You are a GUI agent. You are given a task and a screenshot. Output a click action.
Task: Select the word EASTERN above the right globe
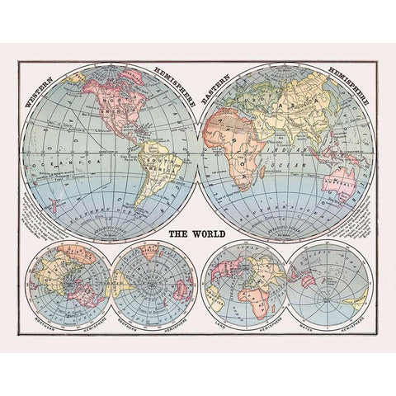pyautogui.click(x=221, y=85)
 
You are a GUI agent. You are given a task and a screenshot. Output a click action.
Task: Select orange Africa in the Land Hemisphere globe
pyautogui.click(x=249, y=293)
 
